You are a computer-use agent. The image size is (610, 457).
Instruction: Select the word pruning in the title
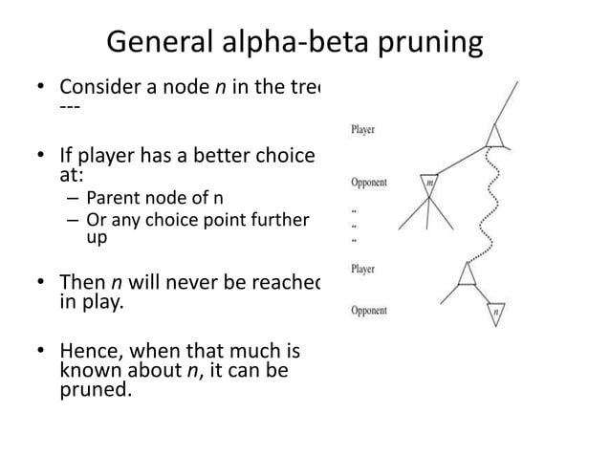[x=429, y=45]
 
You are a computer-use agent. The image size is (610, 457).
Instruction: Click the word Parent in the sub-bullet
[x=111, y=199]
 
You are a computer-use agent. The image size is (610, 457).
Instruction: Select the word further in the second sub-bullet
[x=277, y=221]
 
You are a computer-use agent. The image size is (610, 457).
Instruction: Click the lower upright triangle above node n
[x=467, y=276]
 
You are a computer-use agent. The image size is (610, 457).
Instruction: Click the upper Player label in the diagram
[x=363, y=129]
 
